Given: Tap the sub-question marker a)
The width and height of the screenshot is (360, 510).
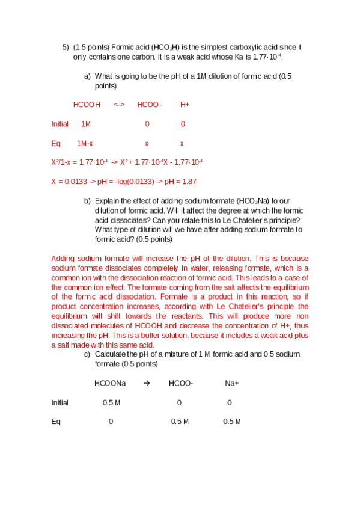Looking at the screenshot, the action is [x=87, y=76].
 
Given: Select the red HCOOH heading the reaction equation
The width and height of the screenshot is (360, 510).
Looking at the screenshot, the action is [x=87, y=105].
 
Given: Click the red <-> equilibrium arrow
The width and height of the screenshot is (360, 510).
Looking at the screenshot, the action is [x=119, y=105].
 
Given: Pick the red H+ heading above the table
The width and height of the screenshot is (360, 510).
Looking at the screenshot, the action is [x=185, y=105].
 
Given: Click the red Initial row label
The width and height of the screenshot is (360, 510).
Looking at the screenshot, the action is [x=59, y=124].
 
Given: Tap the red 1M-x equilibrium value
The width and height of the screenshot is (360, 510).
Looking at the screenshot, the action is [x=85, y=144].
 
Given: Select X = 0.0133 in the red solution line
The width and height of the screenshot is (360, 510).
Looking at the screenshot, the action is [x=69, y=182].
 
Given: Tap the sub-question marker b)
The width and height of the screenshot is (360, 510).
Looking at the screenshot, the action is [x=87, y=201].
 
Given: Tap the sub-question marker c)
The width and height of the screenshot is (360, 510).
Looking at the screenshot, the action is [x=87, y=354].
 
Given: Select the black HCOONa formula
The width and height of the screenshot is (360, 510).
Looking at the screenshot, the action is [x=110, y=383].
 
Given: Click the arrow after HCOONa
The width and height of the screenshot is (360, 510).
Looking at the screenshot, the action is [x=147, y=383].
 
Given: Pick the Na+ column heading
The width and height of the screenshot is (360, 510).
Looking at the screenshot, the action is [x=232, y=383].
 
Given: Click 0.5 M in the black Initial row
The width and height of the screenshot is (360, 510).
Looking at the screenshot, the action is [x=111, y=402].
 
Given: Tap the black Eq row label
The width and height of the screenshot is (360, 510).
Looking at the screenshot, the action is [x=56, y=422].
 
